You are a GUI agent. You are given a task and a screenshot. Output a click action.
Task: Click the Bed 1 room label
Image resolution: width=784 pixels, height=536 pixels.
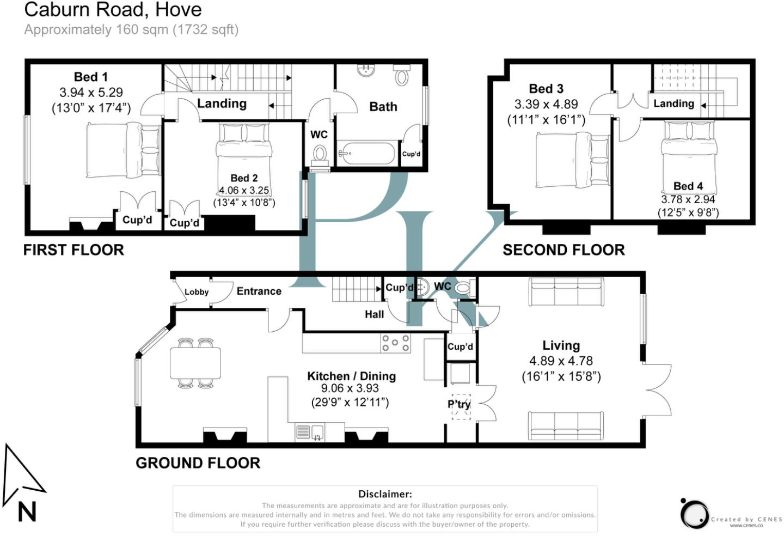90,77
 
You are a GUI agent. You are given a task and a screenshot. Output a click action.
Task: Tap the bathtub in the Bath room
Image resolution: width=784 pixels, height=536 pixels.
367,154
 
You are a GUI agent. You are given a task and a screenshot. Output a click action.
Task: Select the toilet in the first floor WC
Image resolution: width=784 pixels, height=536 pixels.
320,156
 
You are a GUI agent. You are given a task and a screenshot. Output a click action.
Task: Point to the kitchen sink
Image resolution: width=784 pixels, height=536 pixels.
310,432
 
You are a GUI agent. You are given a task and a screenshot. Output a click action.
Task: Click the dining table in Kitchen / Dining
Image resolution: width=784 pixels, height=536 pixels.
195,363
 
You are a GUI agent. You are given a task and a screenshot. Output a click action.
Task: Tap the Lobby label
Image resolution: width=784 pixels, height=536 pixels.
197,292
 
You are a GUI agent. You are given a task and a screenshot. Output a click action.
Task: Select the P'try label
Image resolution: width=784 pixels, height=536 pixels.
459,404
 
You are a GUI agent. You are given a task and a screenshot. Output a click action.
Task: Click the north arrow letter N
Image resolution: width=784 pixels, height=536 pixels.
27,512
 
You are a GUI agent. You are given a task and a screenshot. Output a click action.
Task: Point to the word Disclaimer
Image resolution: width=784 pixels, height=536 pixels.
385,494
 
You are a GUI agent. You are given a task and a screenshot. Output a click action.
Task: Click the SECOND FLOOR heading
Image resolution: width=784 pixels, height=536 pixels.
563,250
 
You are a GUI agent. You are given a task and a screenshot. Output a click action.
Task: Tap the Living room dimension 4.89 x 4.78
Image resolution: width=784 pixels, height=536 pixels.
561,361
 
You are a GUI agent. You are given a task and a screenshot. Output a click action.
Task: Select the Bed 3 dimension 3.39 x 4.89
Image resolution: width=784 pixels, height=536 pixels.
546,105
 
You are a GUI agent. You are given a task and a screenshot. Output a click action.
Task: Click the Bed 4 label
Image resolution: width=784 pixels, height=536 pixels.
688,186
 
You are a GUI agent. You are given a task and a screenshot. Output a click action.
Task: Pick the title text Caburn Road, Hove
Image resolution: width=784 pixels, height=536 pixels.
113,9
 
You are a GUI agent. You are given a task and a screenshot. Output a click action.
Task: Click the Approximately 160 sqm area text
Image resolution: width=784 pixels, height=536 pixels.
131,30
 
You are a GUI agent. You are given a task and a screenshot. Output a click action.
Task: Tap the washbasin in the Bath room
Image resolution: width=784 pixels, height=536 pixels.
366,70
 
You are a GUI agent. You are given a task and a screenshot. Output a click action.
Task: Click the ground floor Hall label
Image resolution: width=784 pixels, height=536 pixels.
374,314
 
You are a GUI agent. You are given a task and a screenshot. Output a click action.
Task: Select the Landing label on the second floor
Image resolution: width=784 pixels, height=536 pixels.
674,103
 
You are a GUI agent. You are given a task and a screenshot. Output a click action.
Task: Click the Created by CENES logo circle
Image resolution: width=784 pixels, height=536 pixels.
695,514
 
